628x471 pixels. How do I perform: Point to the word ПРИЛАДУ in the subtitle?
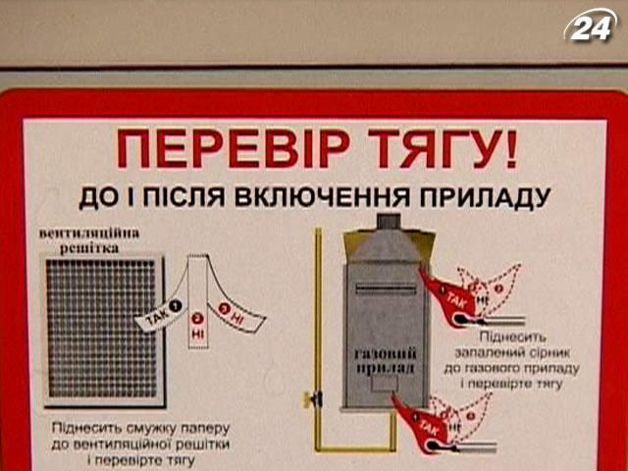(497, 196)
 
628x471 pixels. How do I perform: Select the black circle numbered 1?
(176, 305)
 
